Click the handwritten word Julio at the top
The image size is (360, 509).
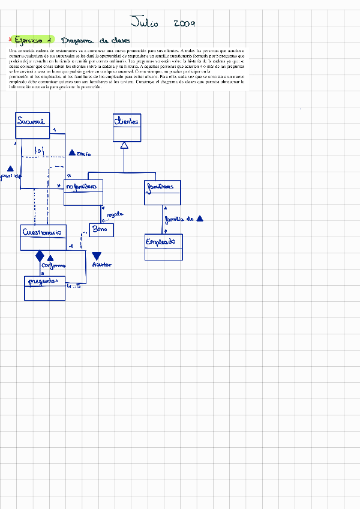click(145, 23)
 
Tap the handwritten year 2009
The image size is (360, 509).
click(184, 23)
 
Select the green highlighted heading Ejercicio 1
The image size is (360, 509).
click(35, 40)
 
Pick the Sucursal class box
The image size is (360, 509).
click(32, 125)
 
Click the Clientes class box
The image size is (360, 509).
click(127, 127)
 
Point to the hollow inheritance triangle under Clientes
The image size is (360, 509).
click(124, 146)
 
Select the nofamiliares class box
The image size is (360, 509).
click(83, 192)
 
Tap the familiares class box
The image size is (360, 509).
click(162, 192)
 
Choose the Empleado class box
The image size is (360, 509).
click(164, 247)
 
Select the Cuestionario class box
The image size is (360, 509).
click(43, 237)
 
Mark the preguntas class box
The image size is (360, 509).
click(44, 288)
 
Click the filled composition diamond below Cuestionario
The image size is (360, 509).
click(40, 256)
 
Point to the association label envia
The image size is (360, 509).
click(83, 154)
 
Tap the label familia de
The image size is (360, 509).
click(179, 220)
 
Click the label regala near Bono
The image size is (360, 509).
click(115, 214)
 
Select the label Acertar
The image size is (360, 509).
click(101, 265)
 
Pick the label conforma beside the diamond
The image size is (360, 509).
click(53, 265)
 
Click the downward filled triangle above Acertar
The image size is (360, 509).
click(97, 256)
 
